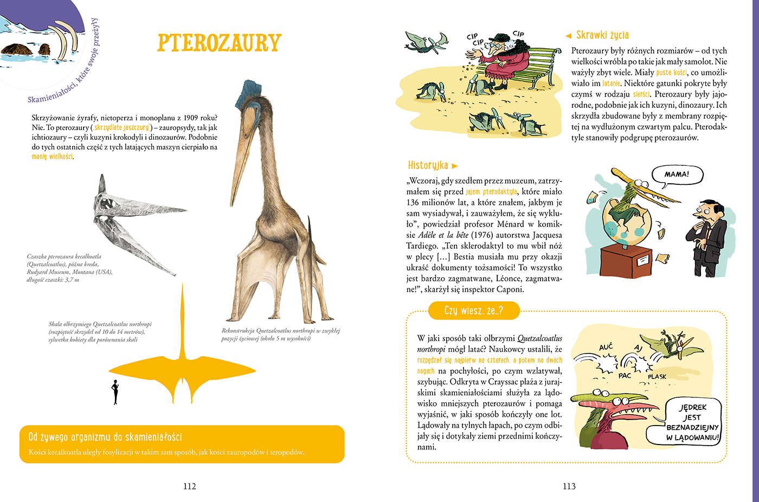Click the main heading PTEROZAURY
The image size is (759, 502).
[x=219, y=43]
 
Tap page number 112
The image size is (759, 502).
[x=189, y=486]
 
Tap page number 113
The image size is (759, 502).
[x=569, y=486]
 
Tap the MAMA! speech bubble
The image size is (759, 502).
[x=676, y=175]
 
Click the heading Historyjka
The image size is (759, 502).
[x=428, y=165]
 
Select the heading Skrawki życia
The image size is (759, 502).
[x=602, y=35]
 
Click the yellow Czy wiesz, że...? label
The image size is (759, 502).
[x=473, y=311]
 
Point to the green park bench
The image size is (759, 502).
[x=542, y=65]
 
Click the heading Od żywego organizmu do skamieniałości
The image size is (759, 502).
[x=105, y=437]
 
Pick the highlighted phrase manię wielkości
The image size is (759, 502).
[x=52, y=157]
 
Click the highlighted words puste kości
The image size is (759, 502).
[x=671, y=73]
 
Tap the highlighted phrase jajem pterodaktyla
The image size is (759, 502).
[x=491, y=192]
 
